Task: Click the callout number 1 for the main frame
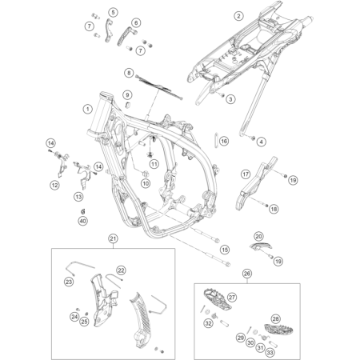(x=86, y=108)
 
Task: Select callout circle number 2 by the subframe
(x=238, y=15)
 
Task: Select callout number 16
(x=224, y=141)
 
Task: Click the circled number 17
(x=246, y=174)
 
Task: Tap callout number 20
(x=258, y=236)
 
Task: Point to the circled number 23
(x=69, y=282)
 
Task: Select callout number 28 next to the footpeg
(x=276, y=297)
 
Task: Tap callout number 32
(x=208, y=324)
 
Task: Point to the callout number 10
(x=146, y=183)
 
